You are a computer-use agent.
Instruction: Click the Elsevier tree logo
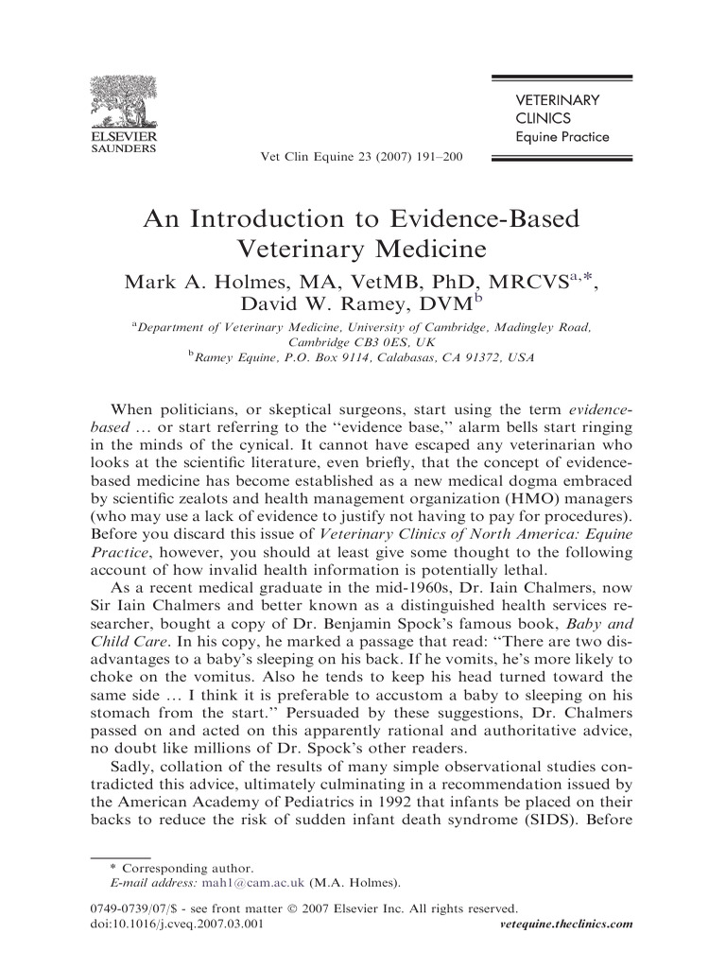click(x=123, y=103)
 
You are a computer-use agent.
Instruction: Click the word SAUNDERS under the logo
click(x=123, y=148)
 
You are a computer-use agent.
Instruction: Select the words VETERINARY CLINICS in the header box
click(x=557, y=109)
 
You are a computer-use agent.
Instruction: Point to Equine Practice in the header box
click(x=562, y=137)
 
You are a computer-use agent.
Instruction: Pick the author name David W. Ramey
click(x=305, y=304)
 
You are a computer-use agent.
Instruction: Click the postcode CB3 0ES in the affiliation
click(x=371, y=342)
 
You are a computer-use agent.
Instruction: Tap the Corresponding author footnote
click(x=182, y=868)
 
